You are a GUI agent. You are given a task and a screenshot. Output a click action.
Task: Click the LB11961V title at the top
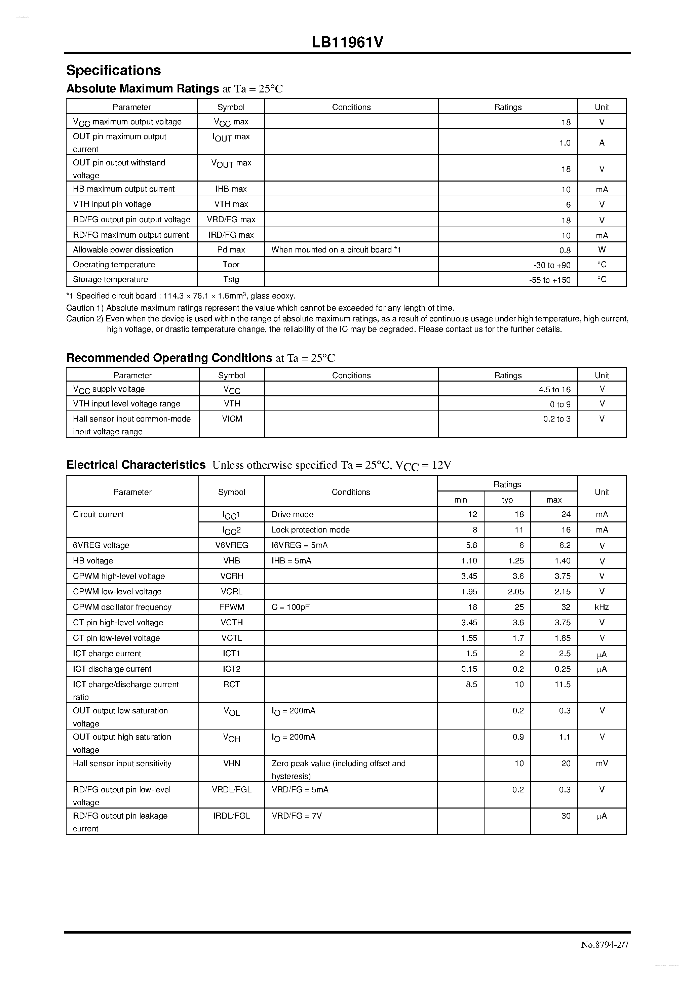(x=347, y=42)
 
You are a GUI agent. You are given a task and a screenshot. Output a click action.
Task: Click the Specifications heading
(x=113, y=70)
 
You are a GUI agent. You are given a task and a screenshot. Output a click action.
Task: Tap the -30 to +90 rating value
(x=552, y=265)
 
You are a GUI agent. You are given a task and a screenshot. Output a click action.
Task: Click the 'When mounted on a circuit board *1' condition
(x=336, y=249)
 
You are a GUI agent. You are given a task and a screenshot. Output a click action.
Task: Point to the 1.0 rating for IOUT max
(x=565, y=143)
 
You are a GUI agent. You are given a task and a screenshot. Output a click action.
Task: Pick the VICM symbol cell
(x=232, y=419)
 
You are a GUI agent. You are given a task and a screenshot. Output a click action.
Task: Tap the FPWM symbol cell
(x=231, y=607)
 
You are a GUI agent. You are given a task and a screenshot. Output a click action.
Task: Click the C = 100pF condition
(x=290, y=607)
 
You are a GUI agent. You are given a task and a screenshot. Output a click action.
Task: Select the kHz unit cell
(x=601, y=607)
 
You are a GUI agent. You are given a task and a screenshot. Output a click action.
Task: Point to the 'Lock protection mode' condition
(x=310, y=529)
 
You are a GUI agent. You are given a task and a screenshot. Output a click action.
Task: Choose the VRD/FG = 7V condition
(x=296, y=816)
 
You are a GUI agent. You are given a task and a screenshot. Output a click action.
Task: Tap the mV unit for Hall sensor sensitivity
(x=601, y=763)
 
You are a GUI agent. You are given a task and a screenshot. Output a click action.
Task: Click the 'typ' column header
(x=507, y=500)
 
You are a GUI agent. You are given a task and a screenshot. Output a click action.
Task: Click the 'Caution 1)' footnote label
(x=85, y=308)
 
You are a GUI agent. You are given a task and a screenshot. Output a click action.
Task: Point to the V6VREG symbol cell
(x=231, y=545)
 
